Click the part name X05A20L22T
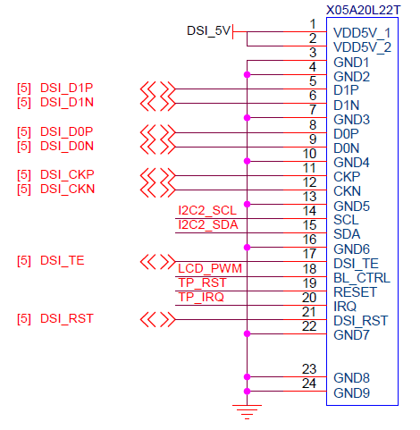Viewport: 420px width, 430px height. [x=363, y=10]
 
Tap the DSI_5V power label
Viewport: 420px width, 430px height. [x=208, y=30]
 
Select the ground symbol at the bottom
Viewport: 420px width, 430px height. [x=247, y=412]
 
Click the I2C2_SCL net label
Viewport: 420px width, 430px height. [x=207, y=210]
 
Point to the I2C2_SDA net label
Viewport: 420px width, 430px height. [x=208, y=224]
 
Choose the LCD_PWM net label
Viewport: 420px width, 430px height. [x=210, y=268]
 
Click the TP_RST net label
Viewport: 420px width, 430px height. [x=202, y=282]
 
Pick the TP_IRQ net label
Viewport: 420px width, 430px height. [x=201, y=297]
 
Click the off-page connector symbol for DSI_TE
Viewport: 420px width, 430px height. [x=157, y=262]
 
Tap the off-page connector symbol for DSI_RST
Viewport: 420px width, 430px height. [x=157, y=320]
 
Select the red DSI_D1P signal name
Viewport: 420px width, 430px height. [x=67, y=88]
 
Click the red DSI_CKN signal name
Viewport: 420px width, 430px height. [x=67, y=189]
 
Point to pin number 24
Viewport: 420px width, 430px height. [x=309, y=384]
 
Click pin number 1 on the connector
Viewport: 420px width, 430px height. [x=313, y=24]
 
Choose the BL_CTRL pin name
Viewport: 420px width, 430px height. [x=362, y=278]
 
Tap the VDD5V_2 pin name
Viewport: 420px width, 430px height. [x=362, y=47]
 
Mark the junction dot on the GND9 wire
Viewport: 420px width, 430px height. [x=247, y=392]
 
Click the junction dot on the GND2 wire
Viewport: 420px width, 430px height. [x=247, y=74]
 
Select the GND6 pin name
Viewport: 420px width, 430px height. [x=351, y=249]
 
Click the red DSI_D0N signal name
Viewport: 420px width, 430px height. [x=67, y=146]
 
